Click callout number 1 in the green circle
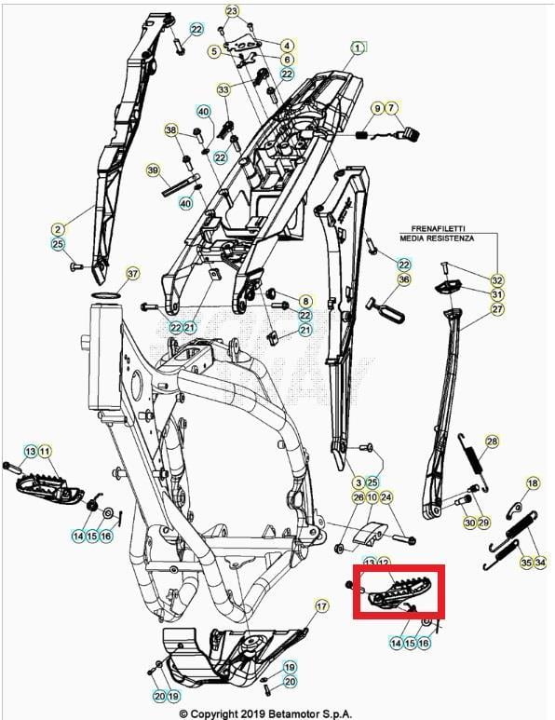[358, 47]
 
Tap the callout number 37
[132, 274]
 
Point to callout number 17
[321, 606]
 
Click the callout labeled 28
[492, 442]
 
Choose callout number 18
[533, 483]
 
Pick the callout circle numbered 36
[403, 279]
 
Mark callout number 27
[497, 309]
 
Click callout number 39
[153, 170]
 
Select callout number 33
[223, 90]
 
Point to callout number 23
[232, 11]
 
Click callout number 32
[497, 280]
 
